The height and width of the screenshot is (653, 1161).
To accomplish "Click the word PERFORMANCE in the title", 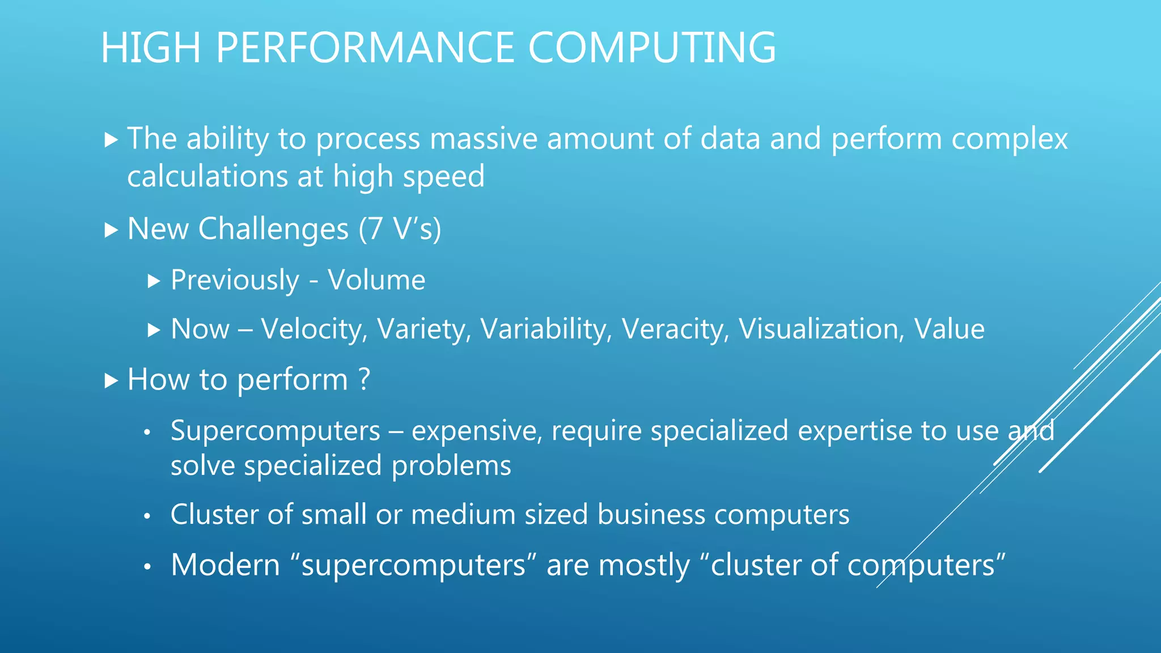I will point(365,48).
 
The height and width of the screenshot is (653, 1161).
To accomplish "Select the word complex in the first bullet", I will point(1009,139).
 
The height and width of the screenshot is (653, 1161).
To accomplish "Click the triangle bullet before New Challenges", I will point(111,230).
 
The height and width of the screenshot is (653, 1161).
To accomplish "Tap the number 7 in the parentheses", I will point(375,229).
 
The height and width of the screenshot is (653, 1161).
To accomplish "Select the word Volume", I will point(376,280).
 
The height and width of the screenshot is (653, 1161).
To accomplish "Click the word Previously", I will point(235,281).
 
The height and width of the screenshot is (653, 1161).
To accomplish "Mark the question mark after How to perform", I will point(365,379).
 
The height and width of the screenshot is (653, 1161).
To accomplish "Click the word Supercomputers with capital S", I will point(276,431).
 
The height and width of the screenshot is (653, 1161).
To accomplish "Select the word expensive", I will point(477,431).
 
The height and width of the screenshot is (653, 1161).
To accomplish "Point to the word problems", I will point(451,466).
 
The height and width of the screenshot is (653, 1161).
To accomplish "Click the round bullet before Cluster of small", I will point(147,516).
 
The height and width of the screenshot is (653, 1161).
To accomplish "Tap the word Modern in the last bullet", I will point(226,565).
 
